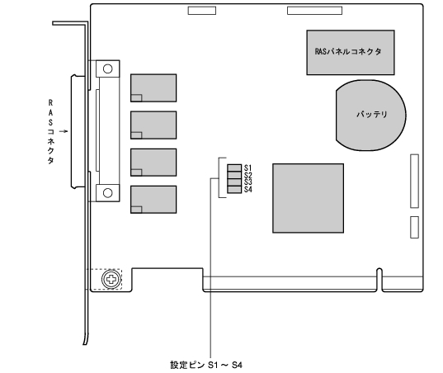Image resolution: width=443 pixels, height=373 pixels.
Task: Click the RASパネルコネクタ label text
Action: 348,51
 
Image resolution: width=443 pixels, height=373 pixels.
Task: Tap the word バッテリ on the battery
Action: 371,114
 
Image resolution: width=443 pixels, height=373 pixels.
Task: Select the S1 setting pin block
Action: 234,168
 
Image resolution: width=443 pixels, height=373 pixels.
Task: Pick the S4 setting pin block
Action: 234,190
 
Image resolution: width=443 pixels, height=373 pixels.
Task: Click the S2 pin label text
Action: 247,175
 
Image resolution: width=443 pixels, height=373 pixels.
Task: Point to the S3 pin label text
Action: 247,182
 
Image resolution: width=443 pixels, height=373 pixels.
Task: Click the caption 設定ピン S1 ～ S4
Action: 206,365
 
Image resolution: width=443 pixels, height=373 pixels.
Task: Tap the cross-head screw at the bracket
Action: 111,279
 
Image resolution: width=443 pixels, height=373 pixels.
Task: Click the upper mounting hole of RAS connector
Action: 107,68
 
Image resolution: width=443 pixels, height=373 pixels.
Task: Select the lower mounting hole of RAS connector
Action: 107,193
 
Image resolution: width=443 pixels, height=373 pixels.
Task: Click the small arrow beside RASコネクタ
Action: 64,131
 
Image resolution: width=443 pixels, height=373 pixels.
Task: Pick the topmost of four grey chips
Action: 153,87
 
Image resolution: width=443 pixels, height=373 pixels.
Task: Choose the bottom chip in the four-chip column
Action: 153,200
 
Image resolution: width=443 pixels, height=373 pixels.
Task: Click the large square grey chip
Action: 309,198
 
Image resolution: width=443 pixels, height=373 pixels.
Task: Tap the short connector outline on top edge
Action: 202,11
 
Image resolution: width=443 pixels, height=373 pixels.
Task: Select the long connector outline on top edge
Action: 315,11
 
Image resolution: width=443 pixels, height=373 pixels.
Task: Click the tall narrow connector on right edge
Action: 414,181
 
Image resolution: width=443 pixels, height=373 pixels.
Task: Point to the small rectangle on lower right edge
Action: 414,227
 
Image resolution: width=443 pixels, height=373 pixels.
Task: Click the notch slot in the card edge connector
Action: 379,280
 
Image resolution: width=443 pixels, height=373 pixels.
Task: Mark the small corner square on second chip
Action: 136,135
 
